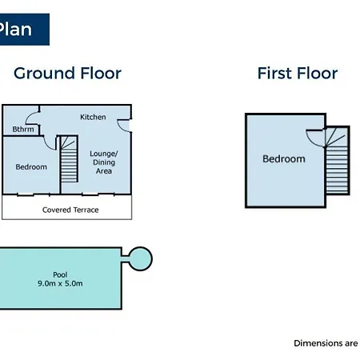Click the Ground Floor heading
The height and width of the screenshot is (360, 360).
point(67,74)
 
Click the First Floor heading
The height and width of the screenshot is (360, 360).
point(298,73)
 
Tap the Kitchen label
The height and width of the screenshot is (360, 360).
point(93,117)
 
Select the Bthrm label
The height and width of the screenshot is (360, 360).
point(23,129)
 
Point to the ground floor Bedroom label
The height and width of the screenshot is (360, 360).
point(31,167)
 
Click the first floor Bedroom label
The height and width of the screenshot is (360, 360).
point(284,159)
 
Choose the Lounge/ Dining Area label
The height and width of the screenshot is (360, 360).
point(104,162)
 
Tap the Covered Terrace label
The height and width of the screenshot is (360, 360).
point(70,210)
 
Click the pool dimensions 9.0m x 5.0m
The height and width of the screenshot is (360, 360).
point(60,283)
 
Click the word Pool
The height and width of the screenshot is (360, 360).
point(60,274)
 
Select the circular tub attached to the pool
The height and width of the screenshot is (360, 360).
point(141,258)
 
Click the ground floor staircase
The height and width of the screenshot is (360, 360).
point(69,159)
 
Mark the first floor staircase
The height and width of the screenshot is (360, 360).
point(337,161)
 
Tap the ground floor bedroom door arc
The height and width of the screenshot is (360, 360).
point(47,146)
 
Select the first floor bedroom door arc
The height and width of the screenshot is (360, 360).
point(310,140)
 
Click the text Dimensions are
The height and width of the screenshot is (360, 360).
point(326,343)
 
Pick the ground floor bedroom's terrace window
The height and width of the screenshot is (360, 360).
point(34,194)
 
